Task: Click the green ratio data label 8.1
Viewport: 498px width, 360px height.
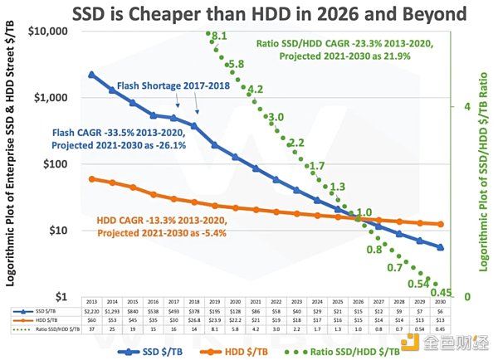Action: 219,36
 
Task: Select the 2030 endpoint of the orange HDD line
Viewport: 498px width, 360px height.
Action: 440,224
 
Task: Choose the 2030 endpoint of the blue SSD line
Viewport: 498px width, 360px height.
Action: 440,247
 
